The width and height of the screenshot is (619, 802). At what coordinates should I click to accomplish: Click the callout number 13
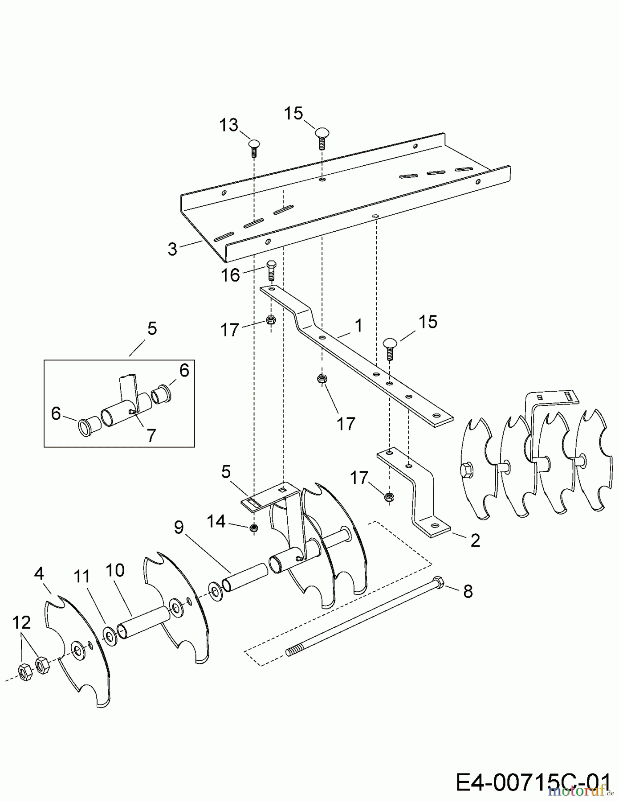(229, 125)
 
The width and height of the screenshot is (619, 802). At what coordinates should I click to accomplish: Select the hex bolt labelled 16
(271, 271)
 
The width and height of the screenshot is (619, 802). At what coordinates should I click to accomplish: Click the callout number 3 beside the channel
(172, 249)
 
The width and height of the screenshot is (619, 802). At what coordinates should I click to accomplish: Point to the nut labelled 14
(253, 528)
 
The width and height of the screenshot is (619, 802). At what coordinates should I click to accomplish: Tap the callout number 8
(468, 591)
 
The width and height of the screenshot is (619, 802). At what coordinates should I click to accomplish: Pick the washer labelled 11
(109, 634)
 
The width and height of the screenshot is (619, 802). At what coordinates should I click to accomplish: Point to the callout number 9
(179, 528)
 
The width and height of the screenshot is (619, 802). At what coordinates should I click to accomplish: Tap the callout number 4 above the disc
(39, 573)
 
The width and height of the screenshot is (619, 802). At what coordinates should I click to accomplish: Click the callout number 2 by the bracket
(475, 540)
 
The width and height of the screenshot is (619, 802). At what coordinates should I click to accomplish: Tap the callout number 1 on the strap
(358, 326)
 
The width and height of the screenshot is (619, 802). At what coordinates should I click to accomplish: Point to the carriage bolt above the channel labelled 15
(322, 138)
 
